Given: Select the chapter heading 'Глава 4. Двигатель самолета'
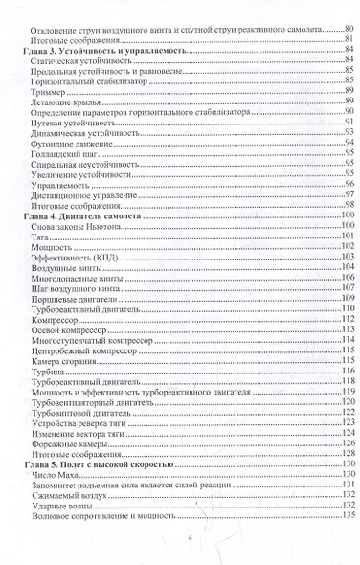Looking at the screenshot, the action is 80,217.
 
